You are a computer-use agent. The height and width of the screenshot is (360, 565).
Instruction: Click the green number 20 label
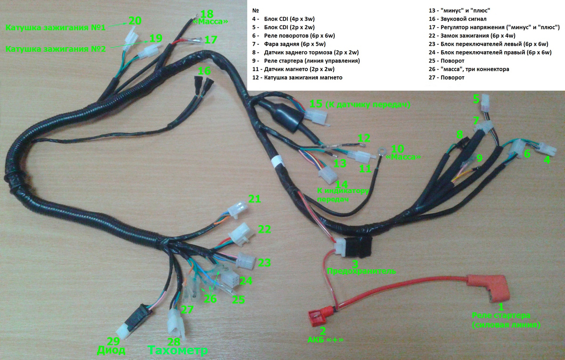click(134, 21)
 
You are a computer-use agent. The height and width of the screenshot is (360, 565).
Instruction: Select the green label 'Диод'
click(111, 350)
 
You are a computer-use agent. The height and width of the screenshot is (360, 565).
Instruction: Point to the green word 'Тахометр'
click(178, 351)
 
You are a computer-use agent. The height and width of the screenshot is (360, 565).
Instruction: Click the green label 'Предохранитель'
click(361, 271)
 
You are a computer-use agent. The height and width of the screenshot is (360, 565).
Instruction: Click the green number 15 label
click(315, 104)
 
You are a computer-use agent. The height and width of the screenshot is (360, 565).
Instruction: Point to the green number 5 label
click(476, 99)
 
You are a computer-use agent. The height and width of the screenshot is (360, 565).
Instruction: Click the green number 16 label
click(204, 71)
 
